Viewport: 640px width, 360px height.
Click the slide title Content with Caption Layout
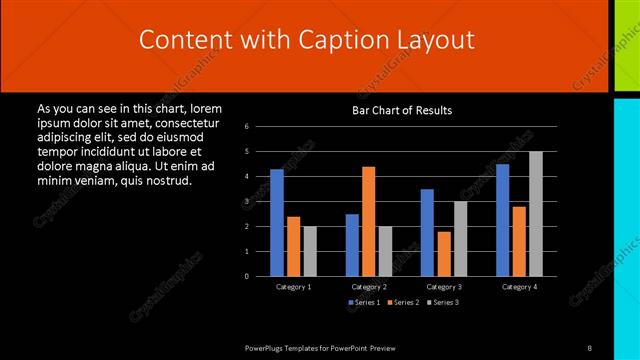tap(306, 40)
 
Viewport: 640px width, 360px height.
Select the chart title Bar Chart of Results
tap(402, 110)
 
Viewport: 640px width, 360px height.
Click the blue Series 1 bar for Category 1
tap(277, 223)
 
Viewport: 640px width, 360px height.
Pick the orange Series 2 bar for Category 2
tap(368, 221)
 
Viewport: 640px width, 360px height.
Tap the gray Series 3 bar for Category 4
tap(536, 214)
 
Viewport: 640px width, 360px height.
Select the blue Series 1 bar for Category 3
tap(427, 233)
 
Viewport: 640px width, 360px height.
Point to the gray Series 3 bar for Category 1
tap(310, 251)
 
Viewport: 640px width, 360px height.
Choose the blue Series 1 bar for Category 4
tap(502, 220)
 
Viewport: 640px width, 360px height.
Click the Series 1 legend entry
tap(364, 302)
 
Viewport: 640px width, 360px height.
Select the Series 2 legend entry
tap(403, 302)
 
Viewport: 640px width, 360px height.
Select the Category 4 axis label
tap(518, 287)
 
